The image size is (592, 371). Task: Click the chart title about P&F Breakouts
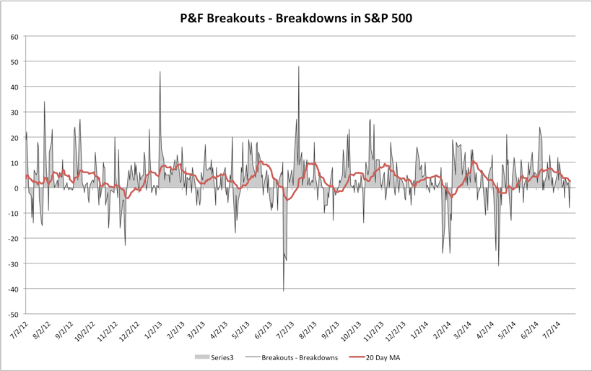click(x=296, y=18)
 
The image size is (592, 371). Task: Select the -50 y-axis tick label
click(x=12, y=314)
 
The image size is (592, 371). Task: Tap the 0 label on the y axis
click(x=16, y=188)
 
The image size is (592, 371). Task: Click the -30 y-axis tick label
click(x=12, y=263)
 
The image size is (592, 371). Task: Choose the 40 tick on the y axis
click(x=14, y=87)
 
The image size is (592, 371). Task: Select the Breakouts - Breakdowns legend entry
click(x=292, y=357)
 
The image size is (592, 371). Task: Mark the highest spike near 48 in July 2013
click(x=299, y=67)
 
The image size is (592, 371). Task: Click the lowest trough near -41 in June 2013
click(x=284, y=291)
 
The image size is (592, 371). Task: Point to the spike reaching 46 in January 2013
click(x=160, y=72)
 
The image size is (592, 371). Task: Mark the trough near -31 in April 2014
click(x=498, y=266)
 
